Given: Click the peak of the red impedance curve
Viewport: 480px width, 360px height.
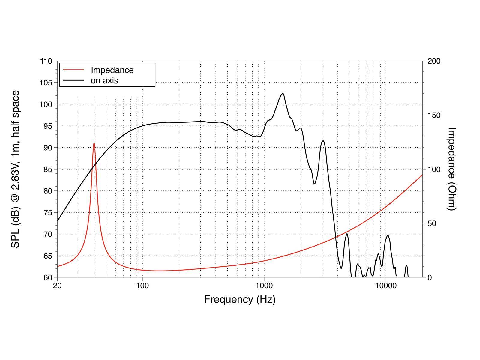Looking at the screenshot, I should point(94,143).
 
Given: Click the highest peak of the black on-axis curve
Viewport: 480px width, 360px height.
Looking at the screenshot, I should point(283,94).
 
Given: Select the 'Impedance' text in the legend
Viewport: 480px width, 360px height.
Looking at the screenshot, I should point(112,70).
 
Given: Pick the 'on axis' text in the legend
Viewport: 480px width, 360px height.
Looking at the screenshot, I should point(104,80).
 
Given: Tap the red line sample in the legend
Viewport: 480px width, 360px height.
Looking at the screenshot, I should point(73,70).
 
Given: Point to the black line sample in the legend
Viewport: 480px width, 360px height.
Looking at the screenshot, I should point(73,80).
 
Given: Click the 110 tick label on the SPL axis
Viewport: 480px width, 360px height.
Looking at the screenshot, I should point(46,61).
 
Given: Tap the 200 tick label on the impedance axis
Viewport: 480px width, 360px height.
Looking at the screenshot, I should point(434,61).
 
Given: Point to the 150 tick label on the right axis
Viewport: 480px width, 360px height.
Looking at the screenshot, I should point(434,115).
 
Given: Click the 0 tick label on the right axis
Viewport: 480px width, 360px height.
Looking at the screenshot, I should point(430,277).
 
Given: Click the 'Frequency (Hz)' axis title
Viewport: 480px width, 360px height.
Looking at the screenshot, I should point(240,299).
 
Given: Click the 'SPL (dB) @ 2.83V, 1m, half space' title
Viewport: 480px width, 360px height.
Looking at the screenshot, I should point(15,169).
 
